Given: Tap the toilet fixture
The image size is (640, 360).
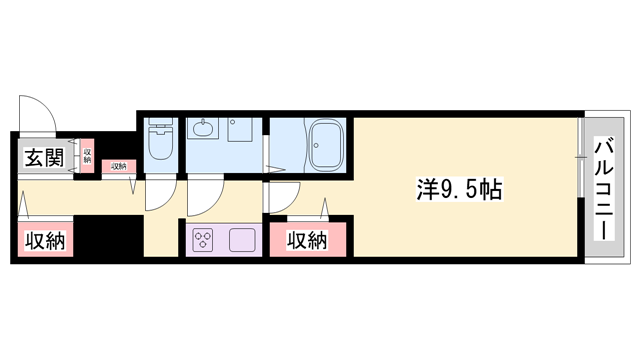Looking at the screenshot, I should point(160,143).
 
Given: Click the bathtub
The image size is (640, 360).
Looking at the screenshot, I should point(325,145).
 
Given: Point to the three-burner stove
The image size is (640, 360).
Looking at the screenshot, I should point(204,240).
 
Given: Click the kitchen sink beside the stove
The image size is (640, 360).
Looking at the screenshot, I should point(244,240).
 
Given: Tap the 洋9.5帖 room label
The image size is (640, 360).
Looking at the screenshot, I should point(459,188).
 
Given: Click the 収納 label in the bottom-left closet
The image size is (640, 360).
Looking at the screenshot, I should point(44,240).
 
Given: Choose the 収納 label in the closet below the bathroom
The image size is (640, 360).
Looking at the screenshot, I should point(307,240).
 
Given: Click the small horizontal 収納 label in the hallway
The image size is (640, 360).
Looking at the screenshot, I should point(119,166).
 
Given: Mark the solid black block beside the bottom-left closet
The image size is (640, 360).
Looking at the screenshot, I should point(110,237).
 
